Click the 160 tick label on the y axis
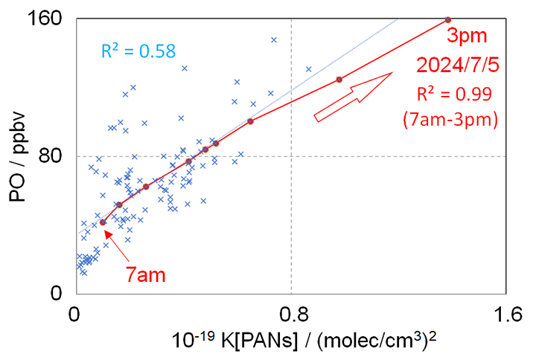[x=50, y=19]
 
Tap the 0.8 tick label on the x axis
[x=291, y=312]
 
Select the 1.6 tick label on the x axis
[x=506, y=312]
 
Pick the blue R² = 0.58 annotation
[x=138, y=51]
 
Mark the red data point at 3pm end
[x=447, y=19]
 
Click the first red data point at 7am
[x=103, y=222]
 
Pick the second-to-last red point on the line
[x=339, y=80]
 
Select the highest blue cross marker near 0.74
[x=273, y=40]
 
